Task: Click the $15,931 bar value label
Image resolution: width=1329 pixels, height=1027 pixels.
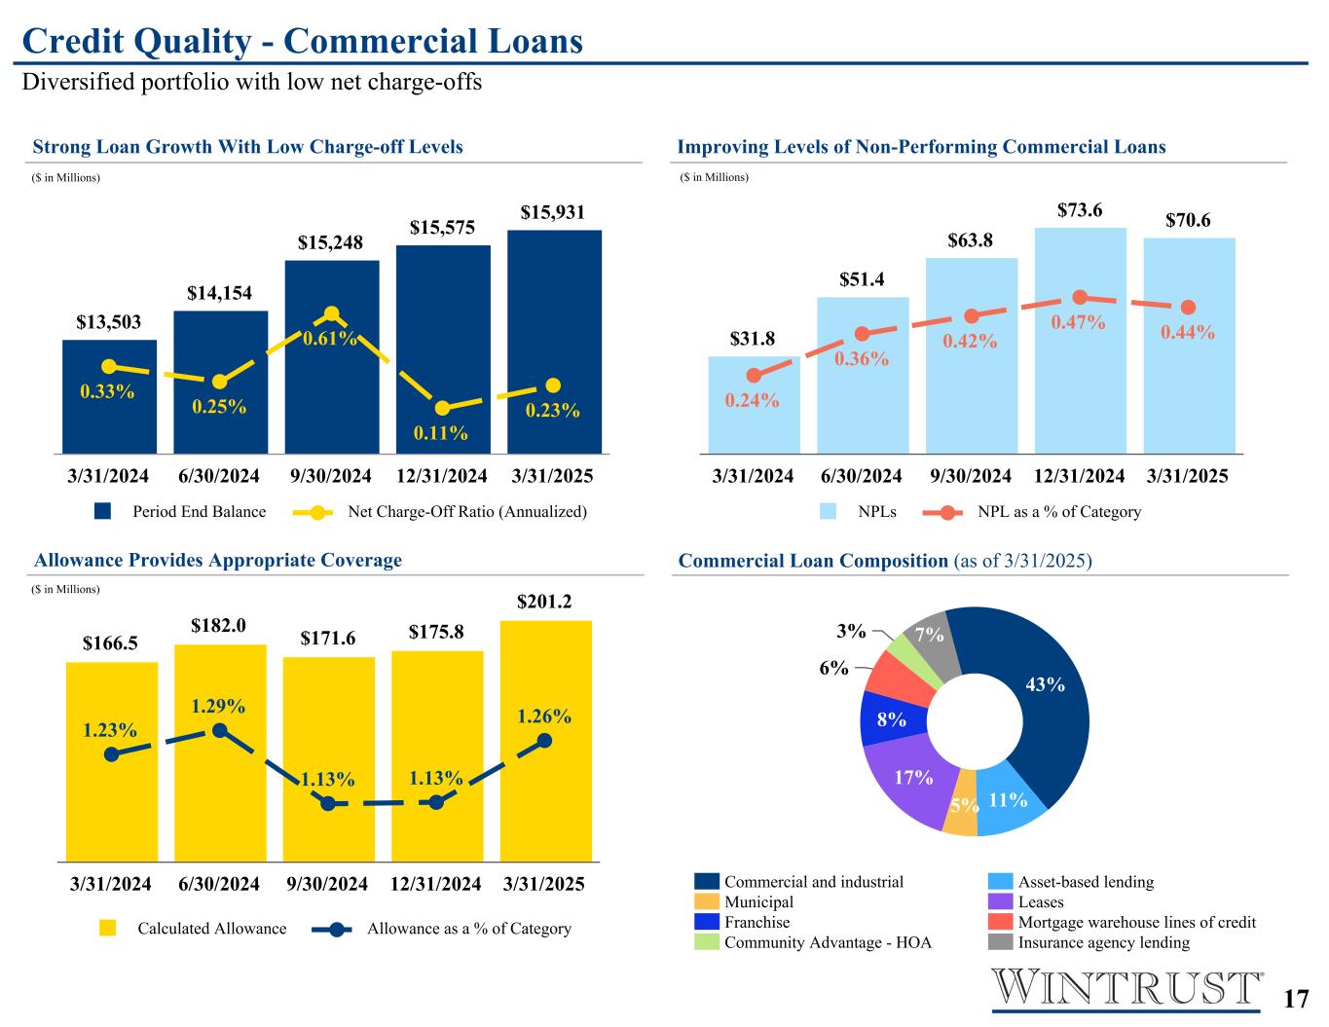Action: point(552,212)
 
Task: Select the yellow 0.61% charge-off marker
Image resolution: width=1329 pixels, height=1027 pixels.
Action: point(331,313)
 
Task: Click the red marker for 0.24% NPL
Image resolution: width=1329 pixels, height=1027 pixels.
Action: point(754,375)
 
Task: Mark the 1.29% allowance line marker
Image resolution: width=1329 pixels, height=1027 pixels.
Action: point(220,730)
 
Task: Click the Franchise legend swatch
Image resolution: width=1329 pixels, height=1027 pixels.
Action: point(707,922)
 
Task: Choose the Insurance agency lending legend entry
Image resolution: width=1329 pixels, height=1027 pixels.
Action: point(1103,942)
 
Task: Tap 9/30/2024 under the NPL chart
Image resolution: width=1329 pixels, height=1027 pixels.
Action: point(971,476)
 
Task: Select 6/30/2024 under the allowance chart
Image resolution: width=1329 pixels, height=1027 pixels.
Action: point(219,884)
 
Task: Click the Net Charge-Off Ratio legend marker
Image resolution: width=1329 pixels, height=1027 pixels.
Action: point(317,512)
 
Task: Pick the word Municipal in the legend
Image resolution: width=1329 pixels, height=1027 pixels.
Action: point(758,902)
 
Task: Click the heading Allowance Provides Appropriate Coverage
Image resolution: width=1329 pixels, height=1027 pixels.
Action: point(218,560)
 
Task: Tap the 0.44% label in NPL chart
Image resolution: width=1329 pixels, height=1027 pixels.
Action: point(1188,333)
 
